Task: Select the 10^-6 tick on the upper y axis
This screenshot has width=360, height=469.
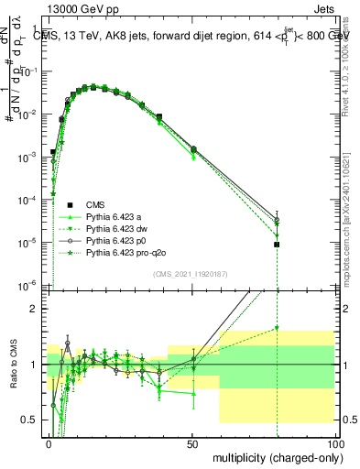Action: tap(28, 287)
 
